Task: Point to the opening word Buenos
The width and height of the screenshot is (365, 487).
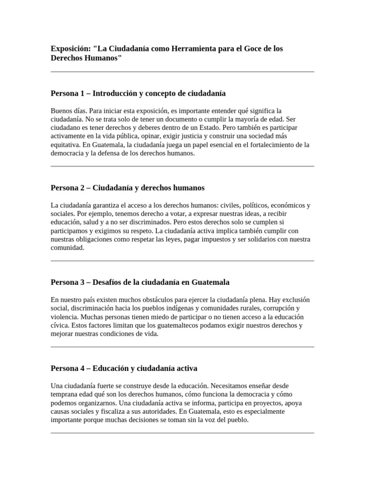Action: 62,111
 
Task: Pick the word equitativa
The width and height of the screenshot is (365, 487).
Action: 66,145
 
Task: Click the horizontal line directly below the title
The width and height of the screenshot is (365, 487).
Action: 182,72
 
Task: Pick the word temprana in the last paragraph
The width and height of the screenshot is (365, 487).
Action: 65,395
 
